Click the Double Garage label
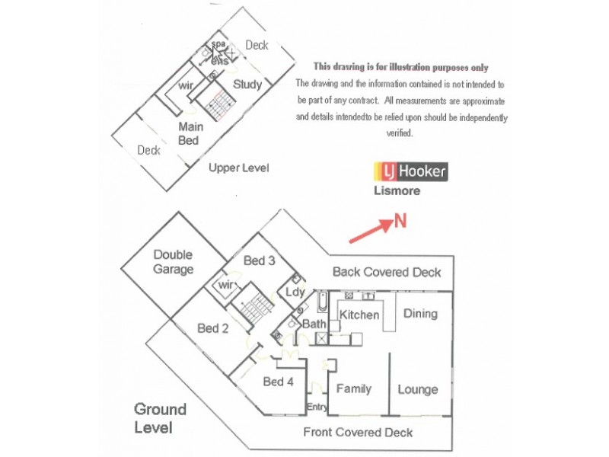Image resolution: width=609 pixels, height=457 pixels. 173,262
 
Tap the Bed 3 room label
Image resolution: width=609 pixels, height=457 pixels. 259,260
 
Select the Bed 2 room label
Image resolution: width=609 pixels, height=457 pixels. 213,328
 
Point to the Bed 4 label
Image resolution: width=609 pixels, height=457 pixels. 278,382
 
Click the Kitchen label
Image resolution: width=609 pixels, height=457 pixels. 359,315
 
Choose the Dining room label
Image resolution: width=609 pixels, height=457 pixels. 420,313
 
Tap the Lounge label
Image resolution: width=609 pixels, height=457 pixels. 418,389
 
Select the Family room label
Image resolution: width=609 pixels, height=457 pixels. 354,388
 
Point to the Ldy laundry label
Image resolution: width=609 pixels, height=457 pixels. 295,292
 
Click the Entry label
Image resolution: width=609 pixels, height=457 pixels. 317,407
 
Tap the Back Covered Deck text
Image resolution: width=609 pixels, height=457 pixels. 387,272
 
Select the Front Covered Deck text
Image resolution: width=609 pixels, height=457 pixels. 358,432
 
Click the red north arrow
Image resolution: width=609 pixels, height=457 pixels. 369,232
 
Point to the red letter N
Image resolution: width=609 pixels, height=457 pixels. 400,222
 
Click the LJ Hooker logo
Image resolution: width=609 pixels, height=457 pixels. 410,171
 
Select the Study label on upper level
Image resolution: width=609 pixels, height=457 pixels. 247,84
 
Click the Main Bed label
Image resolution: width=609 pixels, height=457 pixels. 189,134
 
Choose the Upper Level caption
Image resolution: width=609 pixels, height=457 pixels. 239,168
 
